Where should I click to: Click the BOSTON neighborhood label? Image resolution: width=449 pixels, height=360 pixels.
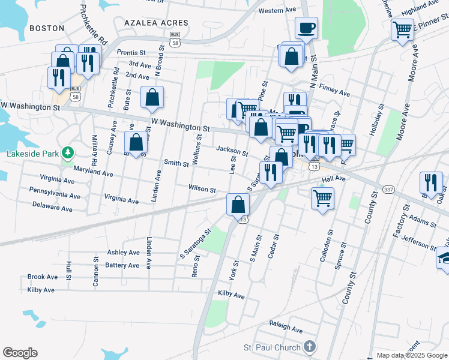click(x=46, y=28)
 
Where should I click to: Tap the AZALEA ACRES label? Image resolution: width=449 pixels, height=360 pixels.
click(x=156, y=23)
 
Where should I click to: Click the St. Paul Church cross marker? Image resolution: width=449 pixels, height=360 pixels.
click(x=309, y=346)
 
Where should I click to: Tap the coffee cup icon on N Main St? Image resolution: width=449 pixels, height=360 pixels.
click(x=306, y=28)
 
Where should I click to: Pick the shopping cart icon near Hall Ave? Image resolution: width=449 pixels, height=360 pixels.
click(x=322, y=197)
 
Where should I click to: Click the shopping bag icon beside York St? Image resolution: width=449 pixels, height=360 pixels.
click(x=238, y=203)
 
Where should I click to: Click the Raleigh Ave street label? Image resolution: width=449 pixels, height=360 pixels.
click(x=285, y=329)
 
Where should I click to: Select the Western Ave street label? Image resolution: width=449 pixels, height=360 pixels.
click(x=277, y=11)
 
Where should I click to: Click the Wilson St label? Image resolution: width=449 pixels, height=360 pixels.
click(x=202, y=189)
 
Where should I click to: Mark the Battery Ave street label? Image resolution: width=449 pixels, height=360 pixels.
click(x=122, y=265)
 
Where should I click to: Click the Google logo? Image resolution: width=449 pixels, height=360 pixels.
click(x=20, y=353)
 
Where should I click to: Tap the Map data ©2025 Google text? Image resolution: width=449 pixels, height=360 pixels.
click(x=411, y=355)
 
